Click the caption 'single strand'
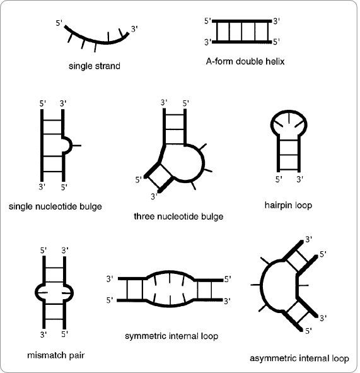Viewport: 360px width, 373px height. pos(95,66)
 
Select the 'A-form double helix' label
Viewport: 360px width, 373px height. pos(245,61)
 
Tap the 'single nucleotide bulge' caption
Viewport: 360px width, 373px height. pos(55,206)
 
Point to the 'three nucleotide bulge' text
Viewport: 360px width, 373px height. pos(178,216)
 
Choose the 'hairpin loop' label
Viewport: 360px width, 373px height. pos(288,205)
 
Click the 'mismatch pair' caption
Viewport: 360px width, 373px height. pos(56,355)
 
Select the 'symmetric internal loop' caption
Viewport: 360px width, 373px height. pos(171,336)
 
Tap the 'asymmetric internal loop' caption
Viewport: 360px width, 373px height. pos(299,358)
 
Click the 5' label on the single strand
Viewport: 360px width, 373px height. pos(59,23)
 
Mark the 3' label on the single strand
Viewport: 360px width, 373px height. pos(134,29)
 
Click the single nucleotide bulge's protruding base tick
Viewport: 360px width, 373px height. pos(76,145)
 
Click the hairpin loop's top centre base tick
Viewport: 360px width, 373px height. pos(289,118)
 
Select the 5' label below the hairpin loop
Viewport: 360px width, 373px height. pos(279,179)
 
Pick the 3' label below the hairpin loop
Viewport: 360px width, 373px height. pos(299,179)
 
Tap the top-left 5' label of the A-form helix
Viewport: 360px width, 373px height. pos(207,21)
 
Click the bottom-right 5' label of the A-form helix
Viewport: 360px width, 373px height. pos(276,42)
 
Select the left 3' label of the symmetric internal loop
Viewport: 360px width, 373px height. pos(110,279)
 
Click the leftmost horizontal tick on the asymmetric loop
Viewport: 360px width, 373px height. pos(255,285)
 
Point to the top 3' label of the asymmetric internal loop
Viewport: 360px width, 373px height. pos(308,239)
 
